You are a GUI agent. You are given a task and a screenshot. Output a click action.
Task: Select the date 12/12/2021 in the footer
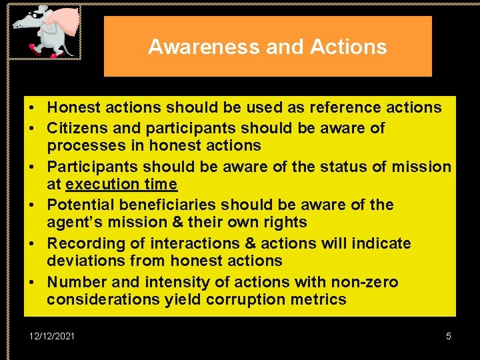pos(53,336)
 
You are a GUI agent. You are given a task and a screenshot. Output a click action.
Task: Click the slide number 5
pos(449,336)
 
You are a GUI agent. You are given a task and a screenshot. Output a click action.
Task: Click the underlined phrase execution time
pos(122,184)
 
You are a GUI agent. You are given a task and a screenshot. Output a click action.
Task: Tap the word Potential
pos(83,205)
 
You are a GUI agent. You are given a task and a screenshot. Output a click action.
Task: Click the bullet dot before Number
pos(31,282)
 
